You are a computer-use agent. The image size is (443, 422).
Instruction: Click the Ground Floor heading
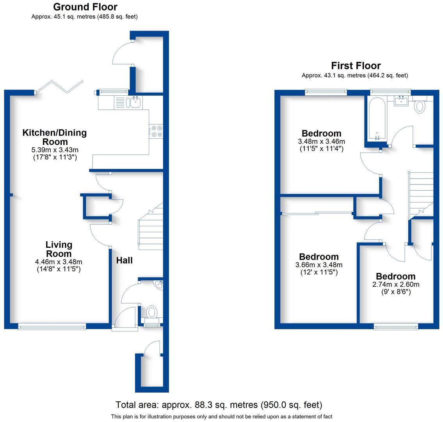tap(85, 7)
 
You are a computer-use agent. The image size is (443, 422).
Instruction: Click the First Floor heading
tap(356, 66)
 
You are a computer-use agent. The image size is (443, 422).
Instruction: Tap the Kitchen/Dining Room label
tap(55, 137)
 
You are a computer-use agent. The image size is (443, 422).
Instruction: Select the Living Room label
tap(59, 249)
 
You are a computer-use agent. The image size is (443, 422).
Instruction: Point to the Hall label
tap(125, 260)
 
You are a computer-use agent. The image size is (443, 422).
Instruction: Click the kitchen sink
tap(135, 103)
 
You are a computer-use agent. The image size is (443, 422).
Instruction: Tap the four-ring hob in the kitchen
tap(157, 131)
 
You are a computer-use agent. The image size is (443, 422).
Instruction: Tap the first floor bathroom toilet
tap(420, 105)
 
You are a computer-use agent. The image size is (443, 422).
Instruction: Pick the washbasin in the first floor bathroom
tap(402, 101)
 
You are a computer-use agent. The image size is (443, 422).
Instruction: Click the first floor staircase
tap(421, 193)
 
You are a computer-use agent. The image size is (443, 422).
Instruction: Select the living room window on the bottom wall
tap(52, 326)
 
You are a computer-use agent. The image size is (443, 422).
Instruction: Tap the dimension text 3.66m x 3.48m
tap(319, 265)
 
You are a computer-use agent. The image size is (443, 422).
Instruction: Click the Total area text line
tap(219, 405)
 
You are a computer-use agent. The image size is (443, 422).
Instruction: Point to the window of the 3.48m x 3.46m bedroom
tap(326, 92)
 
